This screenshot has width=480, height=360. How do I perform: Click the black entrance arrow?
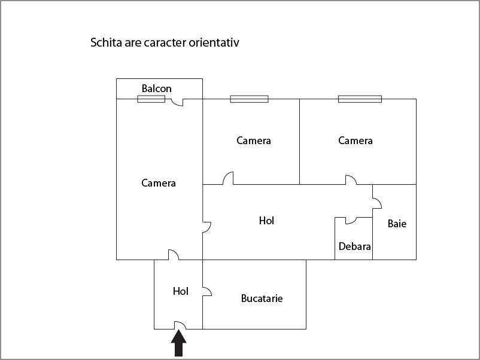tap(178, 344)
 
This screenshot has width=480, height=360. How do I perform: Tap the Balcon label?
tap(156, 89)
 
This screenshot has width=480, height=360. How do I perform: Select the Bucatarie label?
tap(262, 298)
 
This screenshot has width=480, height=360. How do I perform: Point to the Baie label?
tap(397, 224)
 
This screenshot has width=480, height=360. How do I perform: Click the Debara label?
tap(354, 246)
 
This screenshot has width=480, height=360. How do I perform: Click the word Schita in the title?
tap(106, 42)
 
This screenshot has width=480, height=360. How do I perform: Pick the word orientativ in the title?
tap(214, 42)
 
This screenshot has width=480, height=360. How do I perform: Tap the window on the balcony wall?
tap(151, 99)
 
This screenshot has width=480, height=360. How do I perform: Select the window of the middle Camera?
tap(249, 99)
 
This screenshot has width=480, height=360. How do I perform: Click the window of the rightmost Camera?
tap(360, 99)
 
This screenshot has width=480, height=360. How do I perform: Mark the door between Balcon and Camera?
tap(177, 102)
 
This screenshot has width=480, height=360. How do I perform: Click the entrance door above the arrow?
tap(180, 325)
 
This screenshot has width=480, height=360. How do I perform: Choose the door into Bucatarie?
tap(207, 291)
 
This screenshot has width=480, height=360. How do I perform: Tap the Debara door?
tap(351, 221)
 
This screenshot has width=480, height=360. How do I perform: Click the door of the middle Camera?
tap(228, 178)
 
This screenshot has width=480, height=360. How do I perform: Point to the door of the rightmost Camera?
tap(351, 180)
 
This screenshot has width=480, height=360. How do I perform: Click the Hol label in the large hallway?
tap(266, 221)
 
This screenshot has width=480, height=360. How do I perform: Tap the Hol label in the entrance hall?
tap(180, 291)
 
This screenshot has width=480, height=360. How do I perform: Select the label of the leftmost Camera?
tap(158, 183)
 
